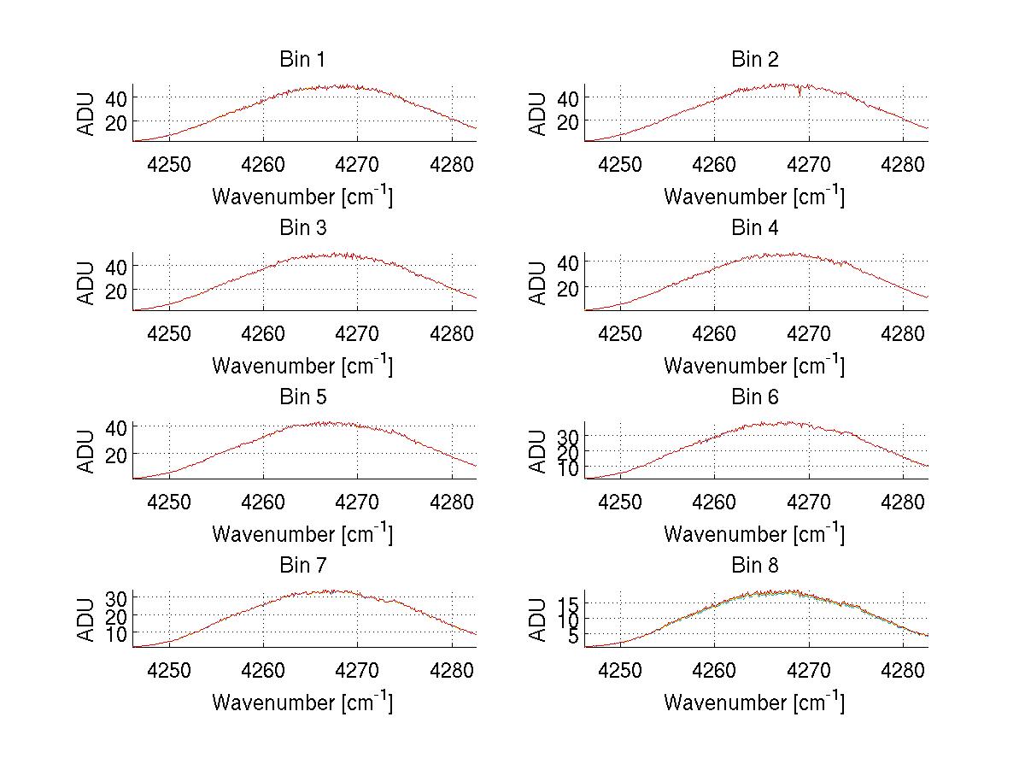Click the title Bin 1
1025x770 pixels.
(302, 60)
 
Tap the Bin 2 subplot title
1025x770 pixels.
(755, 60)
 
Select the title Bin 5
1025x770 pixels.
(302, 397)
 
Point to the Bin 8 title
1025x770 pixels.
(755, 566)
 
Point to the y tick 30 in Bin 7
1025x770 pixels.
(117, 597)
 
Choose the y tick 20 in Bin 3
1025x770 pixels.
(117, 291)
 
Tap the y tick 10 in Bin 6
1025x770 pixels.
(570, 467)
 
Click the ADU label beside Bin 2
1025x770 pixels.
(538, 114)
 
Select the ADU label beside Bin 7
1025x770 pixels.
(86, 620)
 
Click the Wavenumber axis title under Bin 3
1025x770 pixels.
(302, 365)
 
